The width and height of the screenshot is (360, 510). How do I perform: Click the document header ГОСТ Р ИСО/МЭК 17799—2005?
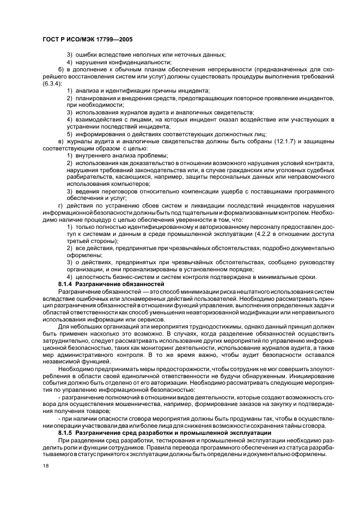click(88, 40)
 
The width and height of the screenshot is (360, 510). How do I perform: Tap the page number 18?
click(45, 466)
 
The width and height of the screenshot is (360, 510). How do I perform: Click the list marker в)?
click(62, 141)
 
